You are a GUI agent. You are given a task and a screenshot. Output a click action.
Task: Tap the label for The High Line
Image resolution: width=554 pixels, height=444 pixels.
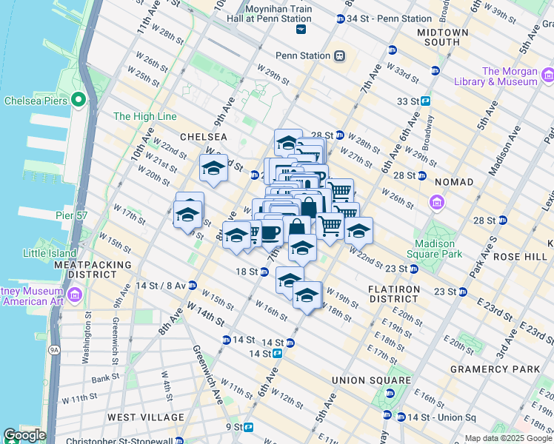coord(144,117)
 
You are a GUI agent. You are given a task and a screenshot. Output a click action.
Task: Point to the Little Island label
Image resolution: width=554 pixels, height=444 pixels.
coord(49,252)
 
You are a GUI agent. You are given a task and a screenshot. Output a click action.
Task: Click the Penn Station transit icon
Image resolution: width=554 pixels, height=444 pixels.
coord(339,55)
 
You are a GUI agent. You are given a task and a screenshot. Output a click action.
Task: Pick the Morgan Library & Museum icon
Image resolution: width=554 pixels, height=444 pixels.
coord(547,75)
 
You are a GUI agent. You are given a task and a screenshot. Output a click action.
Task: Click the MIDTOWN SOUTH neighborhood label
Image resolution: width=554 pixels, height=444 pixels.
coord(443,38)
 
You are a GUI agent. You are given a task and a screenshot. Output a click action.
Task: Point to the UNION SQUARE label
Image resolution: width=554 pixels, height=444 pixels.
coord(371,380)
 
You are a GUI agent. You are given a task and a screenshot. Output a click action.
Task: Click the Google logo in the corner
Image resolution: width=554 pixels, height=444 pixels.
coord(24,435)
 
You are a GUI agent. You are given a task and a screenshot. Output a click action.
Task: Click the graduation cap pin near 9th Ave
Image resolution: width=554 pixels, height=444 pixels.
coord(213,169)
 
